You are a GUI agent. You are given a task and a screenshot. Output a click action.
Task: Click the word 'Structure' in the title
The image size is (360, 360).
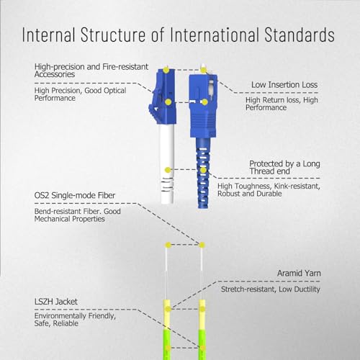tap(113, 35)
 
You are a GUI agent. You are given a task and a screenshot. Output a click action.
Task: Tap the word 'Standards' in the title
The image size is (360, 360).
tap(300, 35)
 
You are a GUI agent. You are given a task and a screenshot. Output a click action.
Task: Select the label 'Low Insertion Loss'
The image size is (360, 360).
tap(284, 85)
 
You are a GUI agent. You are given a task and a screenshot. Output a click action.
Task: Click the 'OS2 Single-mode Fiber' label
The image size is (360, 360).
tap(75, 195)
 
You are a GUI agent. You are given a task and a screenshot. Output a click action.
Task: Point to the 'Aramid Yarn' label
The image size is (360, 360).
tap(299, 273)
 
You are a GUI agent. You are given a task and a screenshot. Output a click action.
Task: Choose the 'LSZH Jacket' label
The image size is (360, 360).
tap(56, 302)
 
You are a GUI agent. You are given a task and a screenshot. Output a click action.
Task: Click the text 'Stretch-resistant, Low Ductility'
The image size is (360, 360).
tap(271, 289)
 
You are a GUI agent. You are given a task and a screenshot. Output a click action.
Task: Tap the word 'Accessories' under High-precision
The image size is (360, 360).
tap(55, 74)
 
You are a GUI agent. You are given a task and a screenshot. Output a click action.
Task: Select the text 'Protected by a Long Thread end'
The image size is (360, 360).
tap(284, 168)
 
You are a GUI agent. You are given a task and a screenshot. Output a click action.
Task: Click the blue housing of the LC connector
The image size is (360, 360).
tap(163, 96)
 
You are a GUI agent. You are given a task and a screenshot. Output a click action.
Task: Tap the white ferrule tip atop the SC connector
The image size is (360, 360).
tap(204, 68)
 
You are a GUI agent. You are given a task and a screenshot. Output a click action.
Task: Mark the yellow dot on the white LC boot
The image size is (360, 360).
tap(168, 170)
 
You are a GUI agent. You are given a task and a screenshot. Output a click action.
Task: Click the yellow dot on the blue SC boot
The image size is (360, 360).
tap(203, 170)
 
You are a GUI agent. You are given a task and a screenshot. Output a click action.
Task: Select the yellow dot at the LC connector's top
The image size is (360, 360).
tap(166, 70)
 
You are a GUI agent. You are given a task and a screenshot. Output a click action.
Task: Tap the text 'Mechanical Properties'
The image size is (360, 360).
tap(69, 219)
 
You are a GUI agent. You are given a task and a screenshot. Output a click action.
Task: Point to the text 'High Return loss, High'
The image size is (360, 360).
tap(282, 100)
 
